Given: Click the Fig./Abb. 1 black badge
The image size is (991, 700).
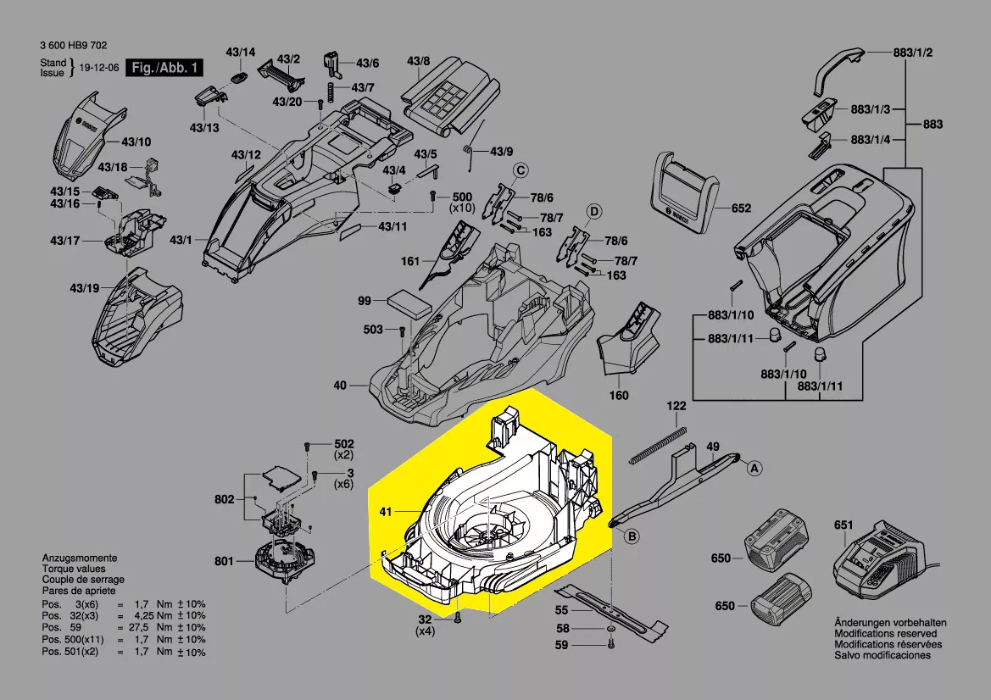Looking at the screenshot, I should coord(164,68).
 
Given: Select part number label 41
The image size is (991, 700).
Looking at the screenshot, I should coord(385,511).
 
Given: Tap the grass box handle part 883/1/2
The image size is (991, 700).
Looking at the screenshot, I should coord(838,71).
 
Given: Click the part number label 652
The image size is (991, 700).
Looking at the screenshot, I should coord(741,208).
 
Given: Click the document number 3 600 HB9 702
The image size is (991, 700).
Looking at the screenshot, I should coord(73,46).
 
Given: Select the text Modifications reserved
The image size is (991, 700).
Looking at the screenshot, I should coord(885,633).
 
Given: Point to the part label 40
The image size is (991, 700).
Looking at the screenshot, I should coord(340,386).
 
